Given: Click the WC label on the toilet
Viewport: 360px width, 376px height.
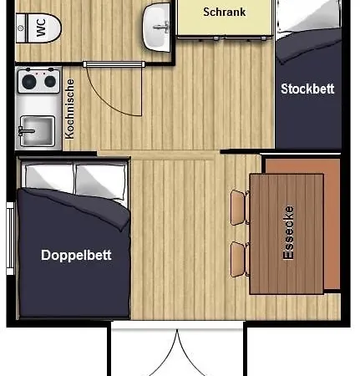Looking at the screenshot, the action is click(41, 28).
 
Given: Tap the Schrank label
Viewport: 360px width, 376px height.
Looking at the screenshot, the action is click(225, 12).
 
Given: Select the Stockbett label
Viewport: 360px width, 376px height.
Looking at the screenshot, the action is click(307, 89).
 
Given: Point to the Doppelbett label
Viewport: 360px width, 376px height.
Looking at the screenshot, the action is click(76, 255).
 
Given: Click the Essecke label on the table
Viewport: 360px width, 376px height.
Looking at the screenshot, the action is click(288, 233).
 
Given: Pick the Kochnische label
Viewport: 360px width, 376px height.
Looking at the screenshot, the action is click(69, 109).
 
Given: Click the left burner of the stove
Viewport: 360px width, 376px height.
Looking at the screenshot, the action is click(29, 82).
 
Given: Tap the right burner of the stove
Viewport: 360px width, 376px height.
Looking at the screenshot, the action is click(50, 81).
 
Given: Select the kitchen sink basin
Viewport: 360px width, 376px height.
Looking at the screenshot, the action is click(38, 130).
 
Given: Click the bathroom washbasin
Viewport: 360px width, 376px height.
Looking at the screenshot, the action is click(156, 28).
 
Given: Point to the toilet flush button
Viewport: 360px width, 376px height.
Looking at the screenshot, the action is click(20, 28).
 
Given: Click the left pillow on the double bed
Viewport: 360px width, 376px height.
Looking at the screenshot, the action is click(49, 177).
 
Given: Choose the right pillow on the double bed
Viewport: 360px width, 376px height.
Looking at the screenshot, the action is click(101, 181).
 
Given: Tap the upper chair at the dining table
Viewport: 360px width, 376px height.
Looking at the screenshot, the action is click(239, 207).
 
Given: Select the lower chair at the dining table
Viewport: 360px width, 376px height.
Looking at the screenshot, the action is click(239, 259).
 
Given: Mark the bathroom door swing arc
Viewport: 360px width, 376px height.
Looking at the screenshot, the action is click(107, 104).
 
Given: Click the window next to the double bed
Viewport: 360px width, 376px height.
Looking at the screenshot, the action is click(10, 238).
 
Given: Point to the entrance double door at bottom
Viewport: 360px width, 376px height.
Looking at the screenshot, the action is click(177, 353).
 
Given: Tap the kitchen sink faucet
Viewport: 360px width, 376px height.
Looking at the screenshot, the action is click(26, 130).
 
